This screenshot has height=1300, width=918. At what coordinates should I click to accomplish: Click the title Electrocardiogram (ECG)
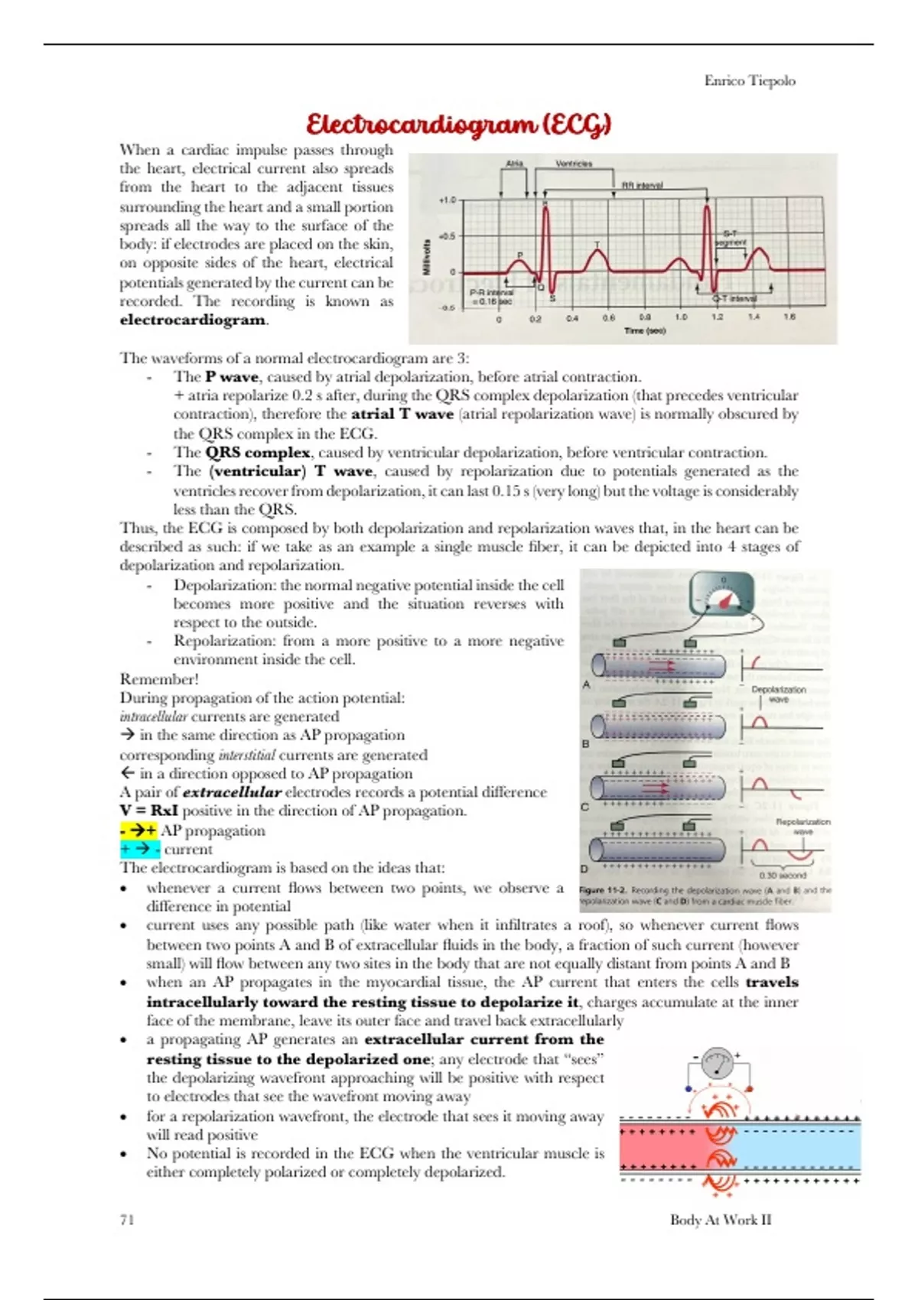click(458, 124)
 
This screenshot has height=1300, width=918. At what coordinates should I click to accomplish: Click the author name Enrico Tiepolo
click(749, 80)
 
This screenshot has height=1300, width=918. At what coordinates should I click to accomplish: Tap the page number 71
click(127, 1219)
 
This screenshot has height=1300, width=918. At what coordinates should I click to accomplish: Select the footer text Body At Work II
click(720, 1219)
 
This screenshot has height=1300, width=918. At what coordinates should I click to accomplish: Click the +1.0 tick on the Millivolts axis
click(446, 200)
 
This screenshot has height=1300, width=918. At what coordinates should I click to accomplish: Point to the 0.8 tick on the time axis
click(645, 317)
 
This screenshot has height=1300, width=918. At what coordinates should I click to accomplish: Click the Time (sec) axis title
click(644, 330)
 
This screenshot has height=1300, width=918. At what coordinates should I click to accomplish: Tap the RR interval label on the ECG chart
click(642, 185)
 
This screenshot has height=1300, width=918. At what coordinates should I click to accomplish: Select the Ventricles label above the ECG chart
click(573, 163)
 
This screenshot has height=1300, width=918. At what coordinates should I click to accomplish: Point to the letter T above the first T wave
click(597, 245)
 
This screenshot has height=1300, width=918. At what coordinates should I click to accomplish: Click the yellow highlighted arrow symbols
click(138, 830)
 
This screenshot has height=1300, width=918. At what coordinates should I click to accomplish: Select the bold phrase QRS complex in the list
click(257, 452)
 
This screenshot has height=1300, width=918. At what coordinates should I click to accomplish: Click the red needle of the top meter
click(724, 600)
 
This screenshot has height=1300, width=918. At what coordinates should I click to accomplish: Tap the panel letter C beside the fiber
click(585, 806)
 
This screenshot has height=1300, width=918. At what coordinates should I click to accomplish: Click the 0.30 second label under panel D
click(782, 875)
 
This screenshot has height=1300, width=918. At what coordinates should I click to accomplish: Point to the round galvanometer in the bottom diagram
click(718, 1063)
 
